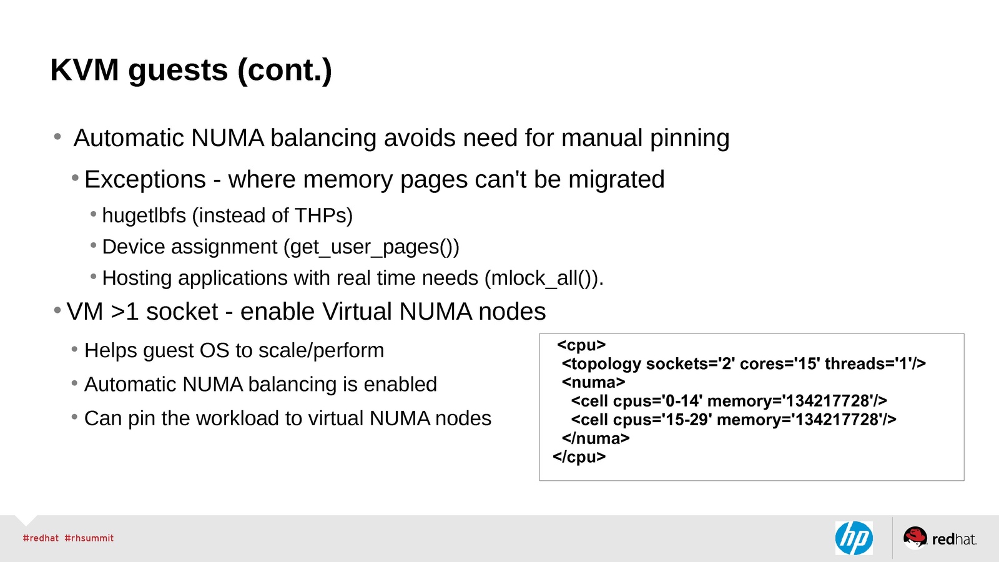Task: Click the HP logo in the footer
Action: [x=854, y=538]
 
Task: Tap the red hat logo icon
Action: [x=915, y=537]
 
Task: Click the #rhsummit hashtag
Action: [x=89, y=538]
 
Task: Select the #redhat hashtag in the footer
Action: [x=41, y=538]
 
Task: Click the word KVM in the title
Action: [x=84, y=70]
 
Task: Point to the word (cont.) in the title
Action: [x=284, y=70]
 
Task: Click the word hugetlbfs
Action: [x=144, y=215]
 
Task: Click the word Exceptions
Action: [x=145, y=180]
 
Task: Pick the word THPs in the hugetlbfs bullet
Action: [x=320, y=215]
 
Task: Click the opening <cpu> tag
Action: [x=581, y=345]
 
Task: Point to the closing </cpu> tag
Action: [x=579, y=457]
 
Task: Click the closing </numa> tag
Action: [x=596, y=438]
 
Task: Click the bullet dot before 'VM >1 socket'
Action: [x=57, y=310]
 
